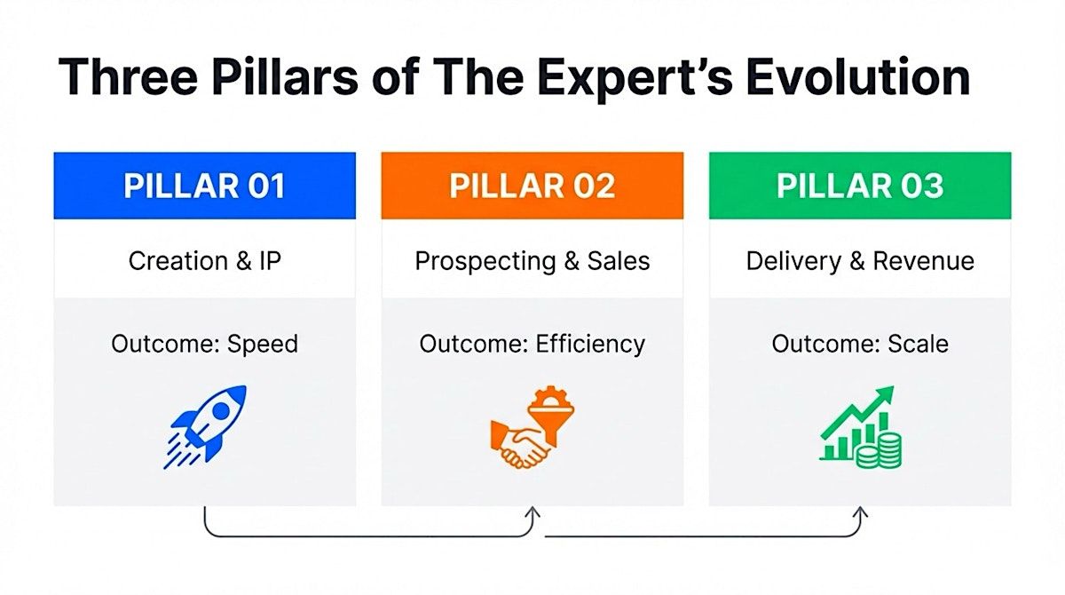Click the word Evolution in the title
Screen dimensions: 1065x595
click(858, 76)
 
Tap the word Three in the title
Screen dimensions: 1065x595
click(128, 76)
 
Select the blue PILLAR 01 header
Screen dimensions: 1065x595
click(204, 186)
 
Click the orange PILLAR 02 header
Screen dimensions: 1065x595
click(532, 186)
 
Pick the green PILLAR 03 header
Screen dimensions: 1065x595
click(860, 186)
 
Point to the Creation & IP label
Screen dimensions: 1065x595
click(204, 260)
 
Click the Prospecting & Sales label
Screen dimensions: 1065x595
click(532, 261)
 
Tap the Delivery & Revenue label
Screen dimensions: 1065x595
click(860, 261)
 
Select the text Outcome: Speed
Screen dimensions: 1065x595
click(204, 344)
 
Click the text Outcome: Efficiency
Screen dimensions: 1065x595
click(532, 344)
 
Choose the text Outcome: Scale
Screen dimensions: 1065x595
click(860, 344)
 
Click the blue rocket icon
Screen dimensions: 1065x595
click(205, 426)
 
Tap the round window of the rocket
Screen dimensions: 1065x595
click(221, 411)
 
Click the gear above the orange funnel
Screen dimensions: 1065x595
click(550, 396)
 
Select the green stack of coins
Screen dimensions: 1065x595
click(879, 451)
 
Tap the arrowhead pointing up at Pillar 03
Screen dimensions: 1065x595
click(860, 512)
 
